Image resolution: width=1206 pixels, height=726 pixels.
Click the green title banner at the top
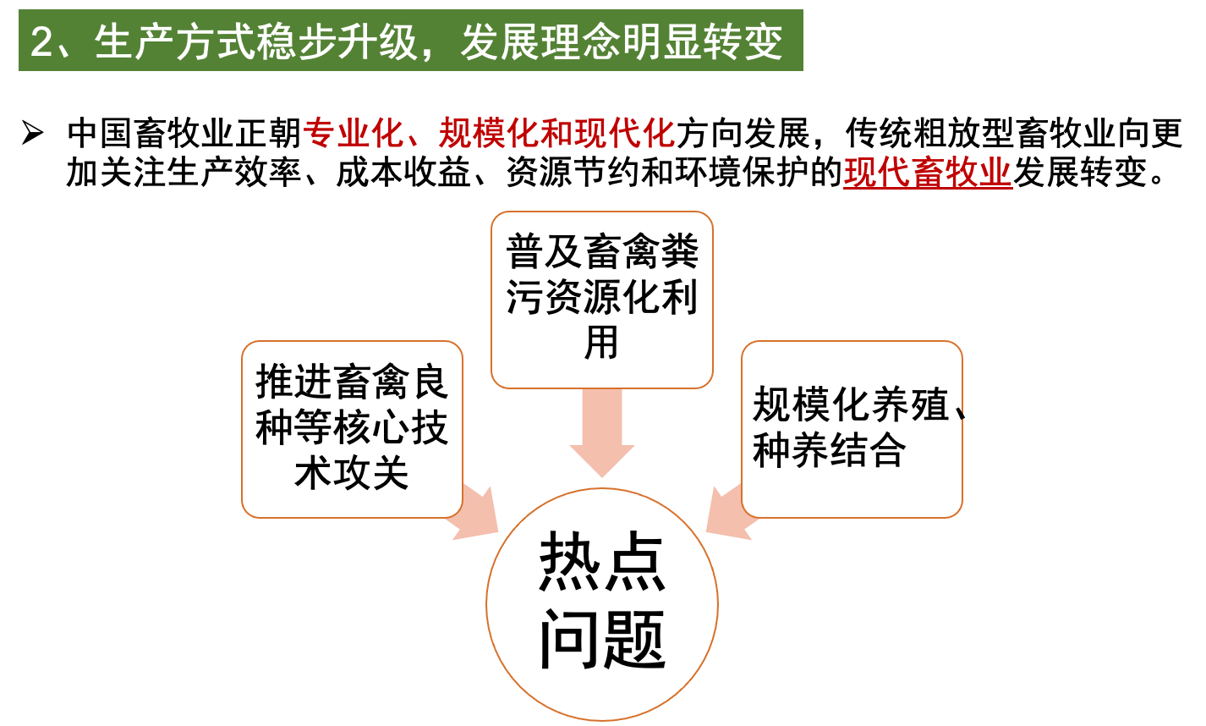410,41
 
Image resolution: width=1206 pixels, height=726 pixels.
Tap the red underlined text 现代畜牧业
928,173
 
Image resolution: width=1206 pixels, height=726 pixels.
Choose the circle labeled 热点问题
601,604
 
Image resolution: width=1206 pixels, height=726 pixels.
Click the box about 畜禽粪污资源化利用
601,299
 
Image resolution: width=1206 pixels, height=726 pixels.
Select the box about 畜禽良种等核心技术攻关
352,428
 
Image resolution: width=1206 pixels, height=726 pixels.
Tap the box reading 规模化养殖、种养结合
851,428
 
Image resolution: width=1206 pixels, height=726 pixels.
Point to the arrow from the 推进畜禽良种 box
474,516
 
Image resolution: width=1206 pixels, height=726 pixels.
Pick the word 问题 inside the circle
601,640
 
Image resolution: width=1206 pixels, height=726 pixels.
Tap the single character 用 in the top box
601,343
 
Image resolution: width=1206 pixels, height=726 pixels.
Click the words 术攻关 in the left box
352,474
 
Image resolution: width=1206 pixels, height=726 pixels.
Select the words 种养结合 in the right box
829,450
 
